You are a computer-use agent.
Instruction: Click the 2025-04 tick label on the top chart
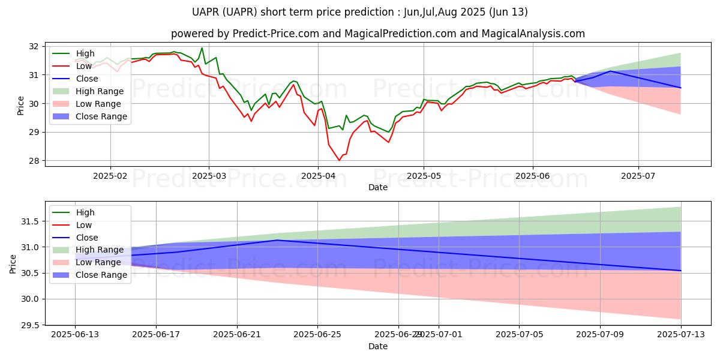coord(318,175)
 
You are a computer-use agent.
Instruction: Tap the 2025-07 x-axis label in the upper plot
coord(638,175)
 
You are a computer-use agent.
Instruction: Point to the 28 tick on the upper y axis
coord(34,161)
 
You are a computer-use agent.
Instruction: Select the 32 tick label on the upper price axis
coord(34,46)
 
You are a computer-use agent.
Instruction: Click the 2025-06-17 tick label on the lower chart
coord(156,334)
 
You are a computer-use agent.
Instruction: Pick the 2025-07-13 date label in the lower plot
coord(680,334)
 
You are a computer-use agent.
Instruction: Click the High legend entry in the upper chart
coord(85,53)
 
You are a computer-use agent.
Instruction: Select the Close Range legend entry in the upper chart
coord(101,116)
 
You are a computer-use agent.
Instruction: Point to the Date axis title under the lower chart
coord(378,346)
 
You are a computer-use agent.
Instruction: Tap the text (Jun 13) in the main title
coord(509,12)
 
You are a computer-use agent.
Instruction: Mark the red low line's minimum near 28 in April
coord(339,160)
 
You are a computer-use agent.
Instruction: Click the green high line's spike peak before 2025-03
coord(202,48)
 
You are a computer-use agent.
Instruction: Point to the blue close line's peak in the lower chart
coord(277,240)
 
